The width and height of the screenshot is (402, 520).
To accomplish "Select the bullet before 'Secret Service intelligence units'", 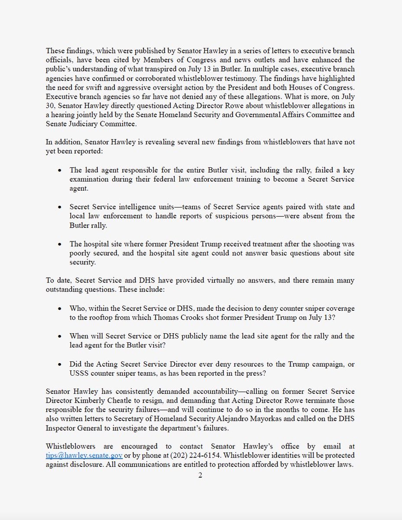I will pos(59,208).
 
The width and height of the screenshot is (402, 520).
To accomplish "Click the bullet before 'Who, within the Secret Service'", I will pos(59,308).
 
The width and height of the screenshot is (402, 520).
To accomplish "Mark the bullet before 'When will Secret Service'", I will pos(59,336).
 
